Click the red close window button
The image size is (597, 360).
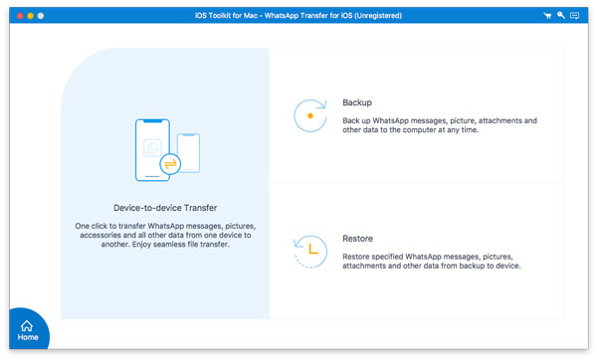(20, 16)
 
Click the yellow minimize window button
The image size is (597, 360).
(31, 16)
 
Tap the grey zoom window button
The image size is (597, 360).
(41, 16)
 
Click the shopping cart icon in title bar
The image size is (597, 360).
(547, 16)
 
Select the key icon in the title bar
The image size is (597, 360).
(561, 15)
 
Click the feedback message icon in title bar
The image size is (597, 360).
(574, 16)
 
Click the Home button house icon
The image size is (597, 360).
(27, 326)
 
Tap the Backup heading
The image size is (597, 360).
(357, 102)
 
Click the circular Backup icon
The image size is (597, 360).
(310, 115)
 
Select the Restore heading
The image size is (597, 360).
(357, 239)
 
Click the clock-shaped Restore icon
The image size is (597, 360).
(310, 252)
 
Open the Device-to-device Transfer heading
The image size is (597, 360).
(165, 208)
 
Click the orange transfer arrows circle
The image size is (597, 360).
(170, 164)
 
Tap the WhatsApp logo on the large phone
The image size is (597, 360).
(152, 147)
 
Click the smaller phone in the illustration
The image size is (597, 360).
(188, 153)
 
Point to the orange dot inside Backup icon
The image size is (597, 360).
(310, 115)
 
